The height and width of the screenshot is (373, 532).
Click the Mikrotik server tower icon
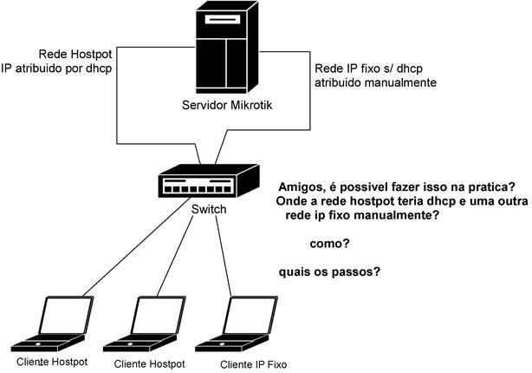(226, 48)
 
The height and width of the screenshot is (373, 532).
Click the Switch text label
(208, 211)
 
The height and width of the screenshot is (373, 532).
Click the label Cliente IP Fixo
(252, 364)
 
